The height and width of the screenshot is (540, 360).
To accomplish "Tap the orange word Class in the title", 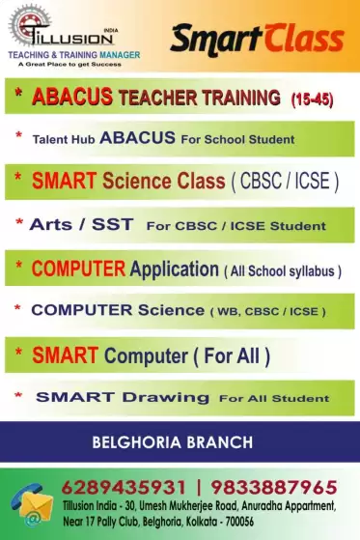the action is (x=304, y=39).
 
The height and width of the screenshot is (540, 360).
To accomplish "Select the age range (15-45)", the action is (x=312, y=99).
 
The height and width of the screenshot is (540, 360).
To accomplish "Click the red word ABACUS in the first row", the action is (x=72, y=96).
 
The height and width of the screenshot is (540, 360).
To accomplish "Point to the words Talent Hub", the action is (x=64, y=139).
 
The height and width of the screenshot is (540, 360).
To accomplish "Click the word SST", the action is (x=112, y=224).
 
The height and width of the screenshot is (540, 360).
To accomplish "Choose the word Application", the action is (x=174, y=270).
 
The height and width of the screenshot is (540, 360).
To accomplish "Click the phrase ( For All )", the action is (x=232, y=356).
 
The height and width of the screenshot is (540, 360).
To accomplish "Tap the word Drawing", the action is (x=166, y=398).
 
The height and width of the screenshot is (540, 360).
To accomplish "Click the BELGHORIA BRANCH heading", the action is (x=173, y=442).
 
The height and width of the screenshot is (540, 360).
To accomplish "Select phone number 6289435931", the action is (x=124, y=488).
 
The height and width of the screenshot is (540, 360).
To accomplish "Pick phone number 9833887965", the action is (x=274, y=488).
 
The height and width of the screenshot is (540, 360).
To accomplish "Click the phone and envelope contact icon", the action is (x=32, y=504).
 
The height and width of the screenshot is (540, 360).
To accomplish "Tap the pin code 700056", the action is (x=239, y=522).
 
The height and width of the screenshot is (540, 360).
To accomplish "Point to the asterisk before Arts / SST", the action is (x=19, y=222).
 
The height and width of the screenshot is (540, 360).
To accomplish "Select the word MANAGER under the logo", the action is (x=120, y=55).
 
